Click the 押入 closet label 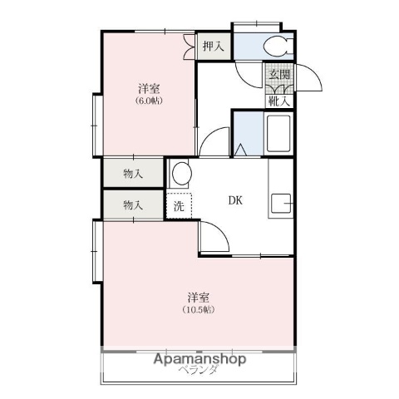click(x=214, y=47)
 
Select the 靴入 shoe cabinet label click(x=279, y=101)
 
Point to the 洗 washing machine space click(x=180, y=204)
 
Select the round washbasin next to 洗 click(x=180, y=174)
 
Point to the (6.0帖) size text click(x=150, y=101)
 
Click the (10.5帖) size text click(x=199, y=310)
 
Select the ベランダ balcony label click(x=197, y=371)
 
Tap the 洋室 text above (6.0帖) click(x=150, y=87)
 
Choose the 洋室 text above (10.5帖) click(x=199, y=297)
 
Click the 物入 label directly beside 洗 click(x=133, y=204)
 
